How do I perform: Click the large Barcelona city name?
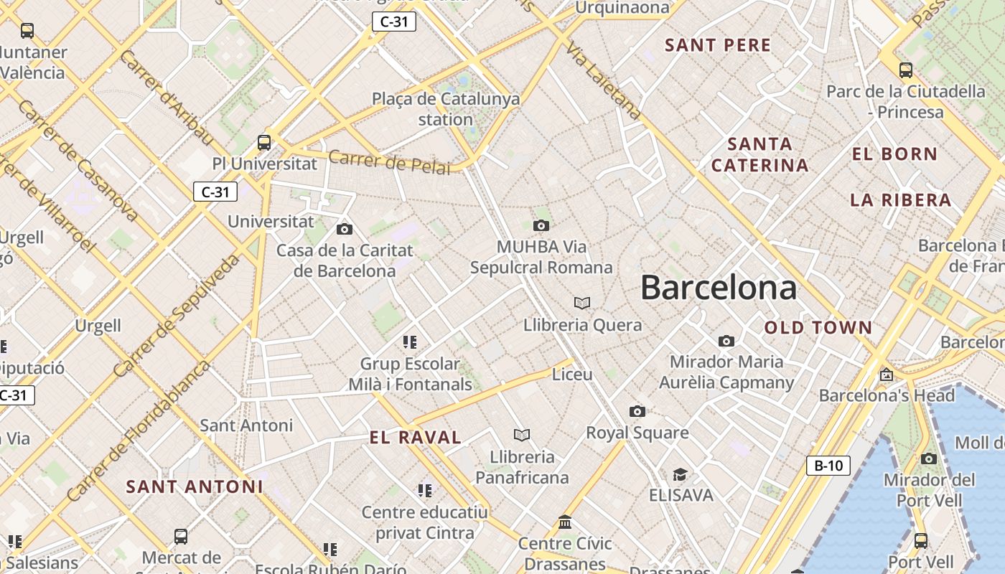coord(718,288)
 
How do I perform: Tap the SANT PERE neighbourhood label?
coord(718,45)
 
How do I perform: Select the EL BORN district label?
coord(894,154)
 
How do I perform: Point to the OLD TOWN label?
coord(818,328)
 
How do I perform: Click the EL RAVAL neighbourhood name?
coord(415,438)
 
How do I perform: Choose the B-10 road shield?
coord(828,466)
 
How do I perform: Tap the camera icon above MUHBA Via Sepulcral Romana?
coord(541,226)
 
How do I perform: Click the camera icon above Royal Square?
coord(637,411)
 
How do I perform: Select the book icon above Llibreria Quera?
coord(582,304)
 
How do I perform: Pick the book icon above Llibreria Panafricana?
coord(522,435)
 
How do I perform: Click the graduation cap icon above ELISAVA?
coord(680,474)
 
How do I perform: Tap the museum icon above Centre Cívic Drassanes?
coord(565,522)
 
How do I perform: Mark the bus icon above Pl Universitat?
coord(264,142)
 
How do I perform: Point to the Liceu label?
coord(572,375)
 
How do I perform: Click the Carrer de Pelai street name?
coord(390,162)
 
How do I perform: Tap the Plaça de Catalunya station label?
coord(446,109)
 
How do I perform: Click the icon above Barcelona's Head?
coord(887,374)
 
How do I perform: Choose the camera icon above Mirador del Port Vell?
coord(929,458)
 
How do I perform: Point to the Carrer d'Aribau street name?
coord(167,98)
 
